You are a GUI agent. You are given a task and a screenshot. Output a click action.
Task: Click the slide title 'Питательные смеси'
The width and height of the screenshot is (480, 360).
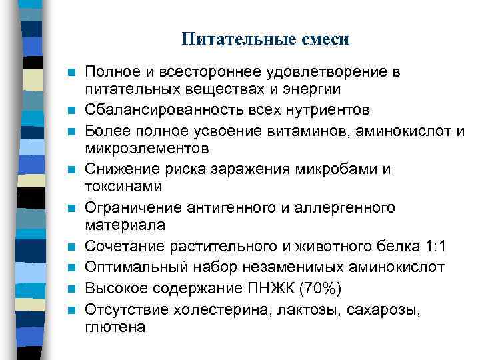tap(265, 39)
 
